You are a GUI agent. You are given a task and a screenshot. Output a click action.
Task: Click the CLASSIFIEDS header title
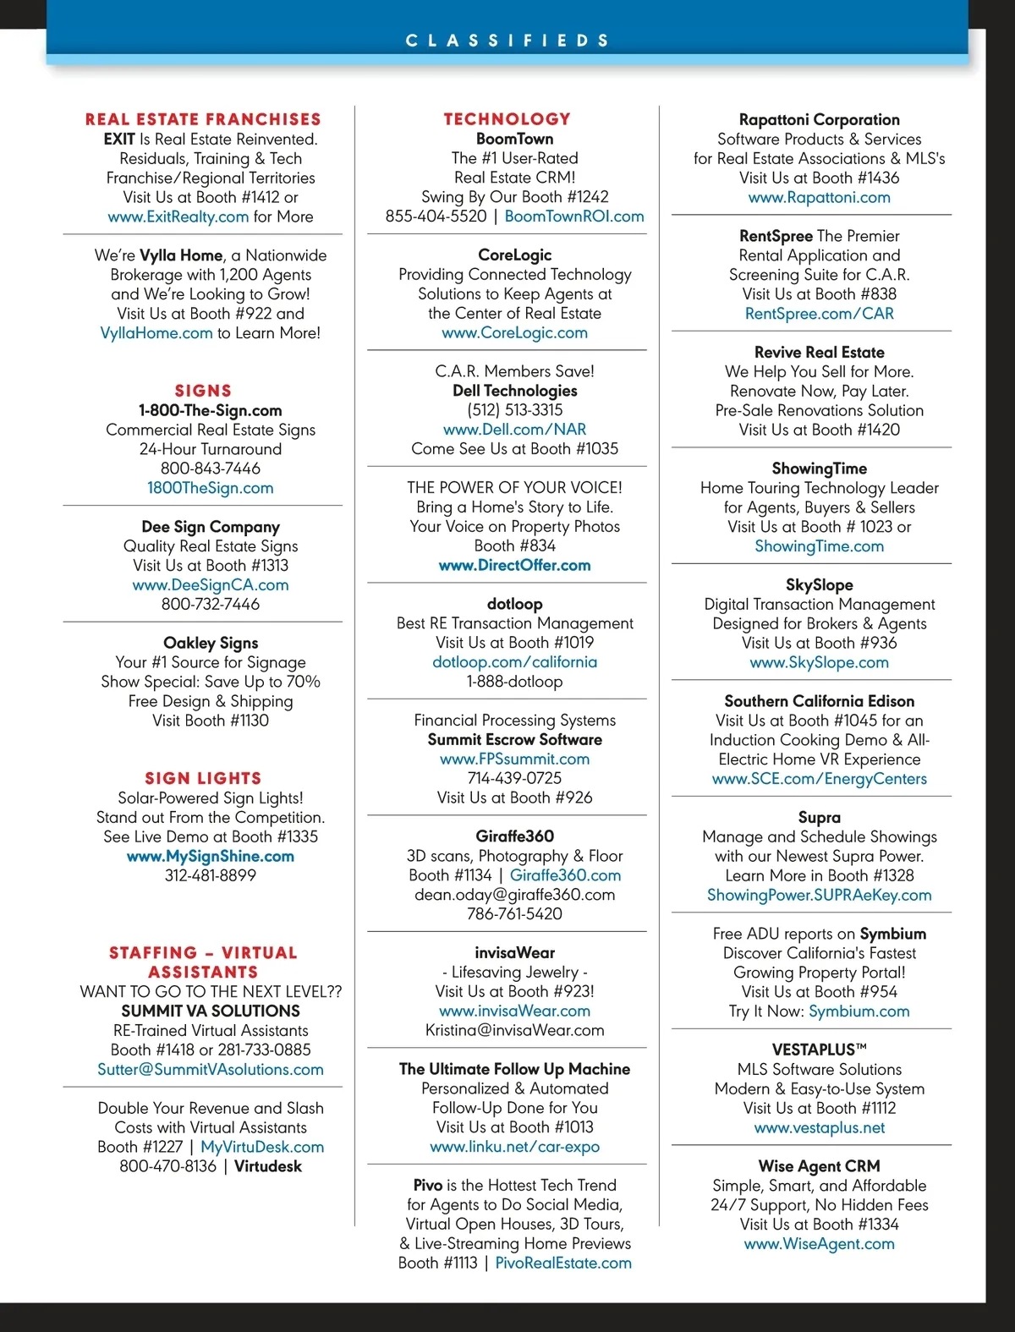pos(507,41)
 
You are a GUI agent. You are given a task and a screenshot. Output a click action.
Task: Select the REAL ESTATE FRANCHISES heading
pos(203,119)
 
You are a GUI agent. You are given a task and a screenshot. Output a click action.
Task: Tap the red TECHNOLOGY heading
pos(507,119)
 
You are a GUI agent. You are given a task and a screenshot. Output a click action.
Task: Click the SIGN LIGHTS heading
pos(203,778)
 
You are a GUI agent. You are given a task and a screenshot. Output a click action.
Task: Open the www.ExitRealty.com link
pos(178,217)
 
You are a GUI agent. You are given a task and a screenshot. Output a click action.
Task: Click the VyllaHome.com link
pos(156,333)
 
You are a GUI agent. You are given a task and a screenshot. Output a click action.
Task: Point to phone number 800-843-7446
pos(211,469)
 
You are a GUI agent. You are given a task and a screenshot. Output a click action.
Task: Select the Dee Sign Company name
pos(211,527)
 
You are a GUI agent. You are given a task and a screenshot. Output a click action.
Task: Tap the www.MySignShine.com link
pos(211,856)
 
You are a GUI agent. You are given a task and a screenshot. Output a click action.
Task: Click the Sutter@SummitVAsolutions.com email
pos(211,1070)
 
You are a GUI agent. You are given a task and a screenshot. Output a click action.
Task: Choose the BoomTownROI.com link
pos(574,217)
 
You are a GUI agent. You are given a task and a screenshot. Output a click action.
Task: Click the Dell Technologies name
pos(515,391)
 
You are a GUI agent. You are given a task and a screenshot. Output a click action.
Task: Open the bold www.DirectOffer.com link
pos(515,565)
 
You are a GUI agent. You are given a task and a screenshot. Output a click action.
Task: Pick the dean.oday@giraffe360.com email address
pos(515,895)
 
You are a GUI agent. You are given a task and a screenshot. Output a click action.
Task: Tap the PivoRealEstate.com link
pos(563,1263)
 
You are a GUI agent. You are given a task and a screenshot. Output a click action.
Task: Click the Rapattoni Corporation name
pos(820,120)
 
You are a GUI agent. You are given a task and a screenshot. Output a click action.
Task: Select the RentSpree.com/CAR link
pos(820,314)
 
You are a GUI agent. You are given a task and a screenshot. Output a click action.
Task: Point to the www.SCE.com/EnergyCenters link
pos(820,779)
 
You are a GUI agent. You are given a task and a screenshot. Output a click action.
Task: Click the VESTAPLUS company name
pos(820,1050)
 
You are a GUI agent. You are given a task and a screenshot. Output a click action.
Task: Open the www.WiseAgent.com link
pos(820,1244)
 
